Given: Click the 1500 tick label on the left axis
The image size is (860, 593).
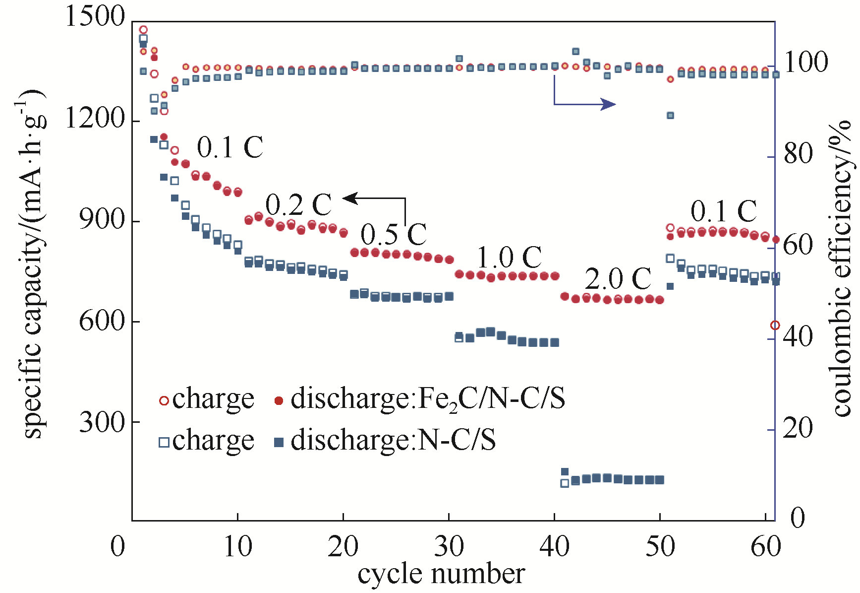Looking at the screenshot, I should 95,16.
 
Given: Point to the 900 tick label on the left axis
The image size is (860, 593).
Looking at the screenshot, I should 102,220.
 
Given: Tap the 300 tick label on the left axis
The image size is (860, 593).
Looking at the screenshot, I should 102,422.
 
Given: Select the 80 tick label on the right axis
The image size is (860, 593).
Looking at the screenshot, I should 799,154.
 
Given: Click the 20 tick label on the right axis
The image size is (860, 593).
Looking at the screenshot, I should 799,428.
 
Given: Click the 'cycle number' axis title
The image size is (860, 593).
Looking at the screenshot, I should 441,575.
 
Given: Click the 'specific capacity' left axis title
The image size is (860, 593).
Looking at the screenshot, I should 34,263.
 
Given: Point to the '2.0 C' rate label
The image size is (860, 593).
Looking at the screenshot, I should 618,279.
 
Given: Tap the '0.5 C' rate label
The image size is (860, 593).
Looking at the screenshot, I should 394,234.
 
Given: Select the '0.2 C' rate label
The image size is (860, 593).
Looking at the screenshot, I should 298,204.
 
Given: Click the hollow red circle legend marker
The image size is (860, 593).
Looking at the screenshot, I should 164,400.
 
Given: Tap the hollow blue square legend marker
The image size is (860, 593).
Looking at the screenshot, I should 164,442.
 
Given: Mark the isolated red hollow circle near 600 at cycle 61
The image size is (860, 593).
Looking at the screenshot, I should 775,326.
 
